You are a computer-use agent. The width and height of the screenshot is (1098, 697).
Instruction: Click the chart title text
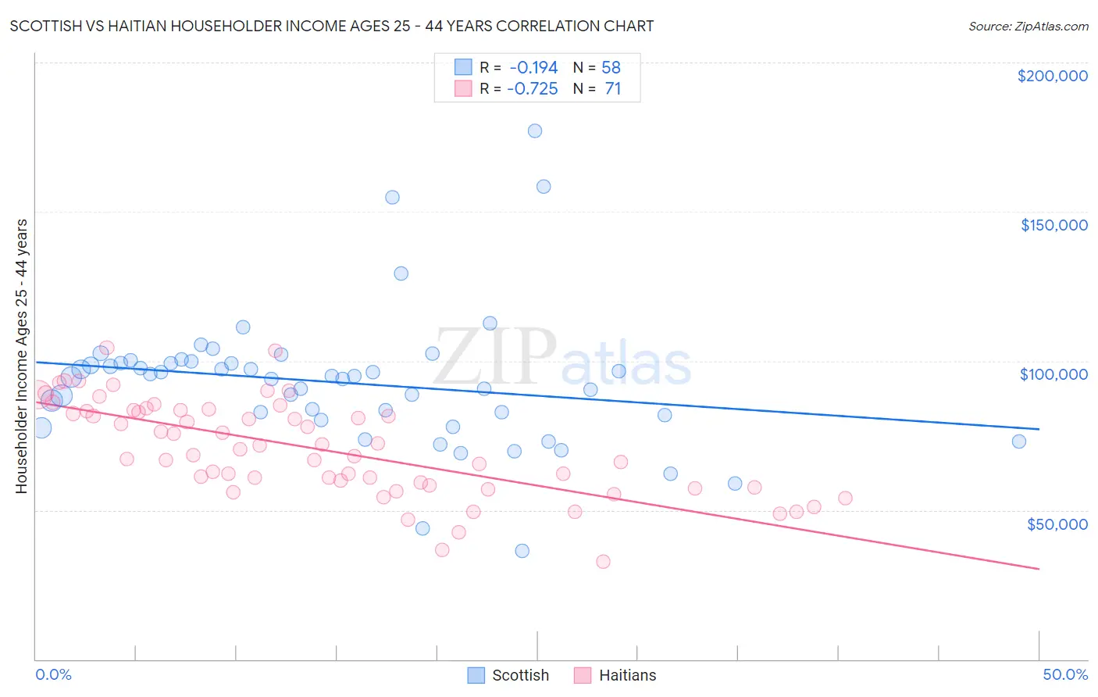click(x=332, y=26)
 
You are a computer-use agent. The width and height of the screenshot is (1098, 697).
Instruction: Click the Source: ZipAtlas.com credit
click(x=1028, y=26)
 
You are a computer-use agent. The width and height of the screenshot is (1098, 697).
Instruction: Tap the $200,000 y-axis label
click(x=1052, y=76)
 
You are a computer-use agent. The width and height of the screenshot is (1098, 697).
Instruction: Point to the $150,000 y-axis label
click(x=1053, y=225)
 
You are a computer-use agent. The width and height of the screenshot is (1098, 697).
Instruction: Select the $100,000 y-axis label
click(x=1053, y=374)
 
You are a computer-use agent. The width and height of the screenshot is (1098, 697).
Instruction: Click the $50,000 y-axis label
click(x=1057, y=524)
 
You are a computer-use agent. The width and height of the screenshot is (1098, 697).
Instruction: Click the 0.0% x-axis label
click(x=53, y=674)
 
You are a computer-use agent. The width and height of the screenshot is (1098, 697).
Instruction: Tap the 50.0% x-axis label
click(x=1065, y=674)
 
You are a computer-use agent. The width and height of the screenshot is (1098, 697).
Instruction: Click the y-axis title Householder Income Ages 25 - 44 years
click(x=21, y=356)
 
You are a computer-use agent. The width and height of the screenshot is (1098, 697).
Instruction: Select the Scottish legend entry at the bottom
click(x=508, y=675)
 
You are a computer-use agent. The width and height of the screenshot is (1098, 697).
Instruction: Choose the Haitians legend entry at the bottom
click(x=615, y=675)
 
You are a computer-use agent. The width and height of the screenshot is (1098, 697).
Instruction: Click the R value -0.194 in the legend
click(x=533, y=67)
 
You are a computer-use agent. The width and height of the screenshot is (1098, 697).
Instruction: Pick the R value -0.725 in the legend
click(x=533, y=88)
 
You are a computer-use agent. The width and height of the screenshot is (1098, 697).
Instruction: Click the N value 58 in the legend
click(x=611, y=67)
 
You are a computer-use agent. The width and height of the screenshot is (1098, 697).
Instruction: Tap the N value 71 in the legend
click(x=612, y=88)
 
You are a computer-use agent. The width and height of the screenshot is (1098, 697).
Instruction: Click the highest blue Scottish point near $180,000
click(x=535, y=130)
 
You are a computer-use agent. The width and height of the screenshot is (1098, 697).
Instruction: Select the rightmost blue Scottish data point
click(x=1019, y=441)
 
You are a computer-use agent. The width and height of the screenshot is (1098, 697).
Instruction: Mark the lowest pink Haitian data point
click(x=603, y=561)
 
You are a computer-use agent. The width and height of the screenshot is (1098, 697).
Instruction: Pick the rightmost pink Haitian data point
click(x=845, y=498)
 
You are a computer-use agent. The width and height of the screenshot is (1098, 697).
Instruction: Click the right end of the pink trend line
click(x=1039, y=569)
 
